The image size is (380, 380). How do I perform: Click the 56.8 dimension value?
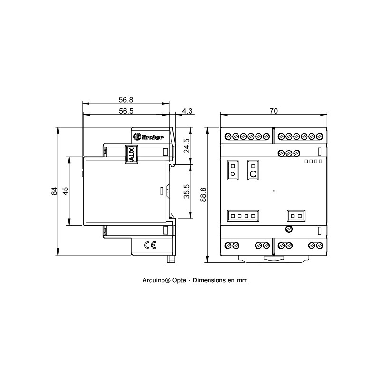pyautogui.click(x=125, y=100)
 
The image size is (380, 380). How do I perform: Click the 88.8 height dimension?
pyautogui.click(x=203, y=195)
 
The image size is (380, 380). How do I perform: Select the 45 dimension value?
pyautogui.click(x=66, y=190)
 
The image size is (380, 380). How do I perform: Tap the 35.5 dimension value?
pyautogui.click(x=187, y=191)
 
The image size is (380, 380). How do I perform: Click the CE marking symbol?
pyautogui.click(x=150, y=245)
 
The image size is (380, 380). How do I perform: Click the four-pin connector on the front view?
pyautogui.click(x=243, y=216)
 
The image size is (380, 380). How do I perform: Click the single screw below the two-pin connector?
pyautogui.click(x=288, y=229)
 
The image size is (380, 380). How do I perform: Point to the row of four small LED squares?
pyautogui.click(x=313, y=161)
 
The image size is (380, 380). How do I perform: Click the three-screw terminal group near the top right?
pyautogui.click(x=288, y=153)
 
